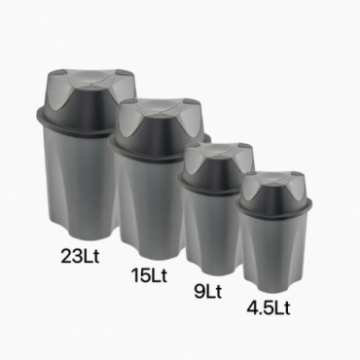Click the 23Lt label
tap(80, 256)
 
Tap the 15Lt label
tap(149, 275)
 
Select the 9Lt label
tap(208, 291)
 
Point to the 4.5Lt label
tap(269, 307)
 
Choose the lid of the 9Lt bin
tap(216, 167)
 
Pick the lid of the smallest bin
tap(274, 192)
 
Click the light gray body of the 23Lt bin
tap(81, 182)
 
